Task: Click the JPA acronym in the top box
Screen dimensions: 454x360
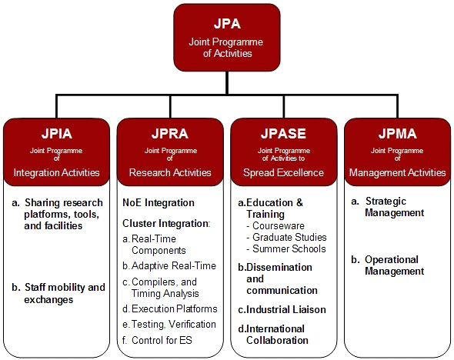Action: [x=227, y=24]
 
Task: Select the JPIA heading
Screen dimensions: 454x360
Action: [x=56, y=134]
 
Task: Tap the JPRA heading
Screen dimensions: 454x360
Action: [x=170, y=134]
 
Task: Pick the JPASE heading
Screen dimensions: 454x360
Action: [x=283, y=134]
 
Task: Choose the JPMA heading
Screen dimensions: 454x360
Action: [x=398, y=134]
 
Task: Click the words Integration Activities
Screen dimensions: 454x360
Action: [x=56, y=173]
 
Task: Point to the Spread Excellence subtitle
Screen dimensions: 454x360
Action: [x=283, y=173]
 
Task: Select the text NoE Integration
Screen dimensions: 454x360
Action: [x=159, y=202]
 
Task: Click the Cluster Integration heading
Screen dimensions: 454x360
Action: [x=166, y=223]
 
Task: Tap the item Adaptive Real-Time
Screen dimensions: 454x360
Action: [x=174, y=265]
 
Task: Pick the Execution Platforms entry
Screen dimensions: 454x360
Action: [x=175, y=308]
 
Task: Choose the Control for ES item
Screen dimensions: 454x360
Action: [x=162, y=340]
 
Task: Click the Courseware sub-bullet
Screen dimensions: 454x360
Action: [x=279, y=225]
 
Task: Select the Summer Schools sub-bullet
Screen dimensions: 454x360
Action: [x=289, y=249]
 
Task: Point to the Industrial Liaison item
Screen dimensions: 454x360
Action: [x=285, y=310]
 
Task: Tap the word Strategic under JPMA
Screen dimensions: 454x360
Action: [x=386, y=202]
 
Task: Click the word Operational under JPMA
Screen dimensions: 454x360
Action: [x=392, y=259]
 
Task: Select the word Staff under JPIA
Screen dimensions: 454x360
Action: [x=34, y=288]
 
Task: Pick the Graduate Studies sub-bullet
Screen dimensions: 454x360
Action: [x=289, y=237]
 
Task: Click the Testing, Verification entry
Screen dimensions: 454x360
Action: [x=174, y=325]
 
